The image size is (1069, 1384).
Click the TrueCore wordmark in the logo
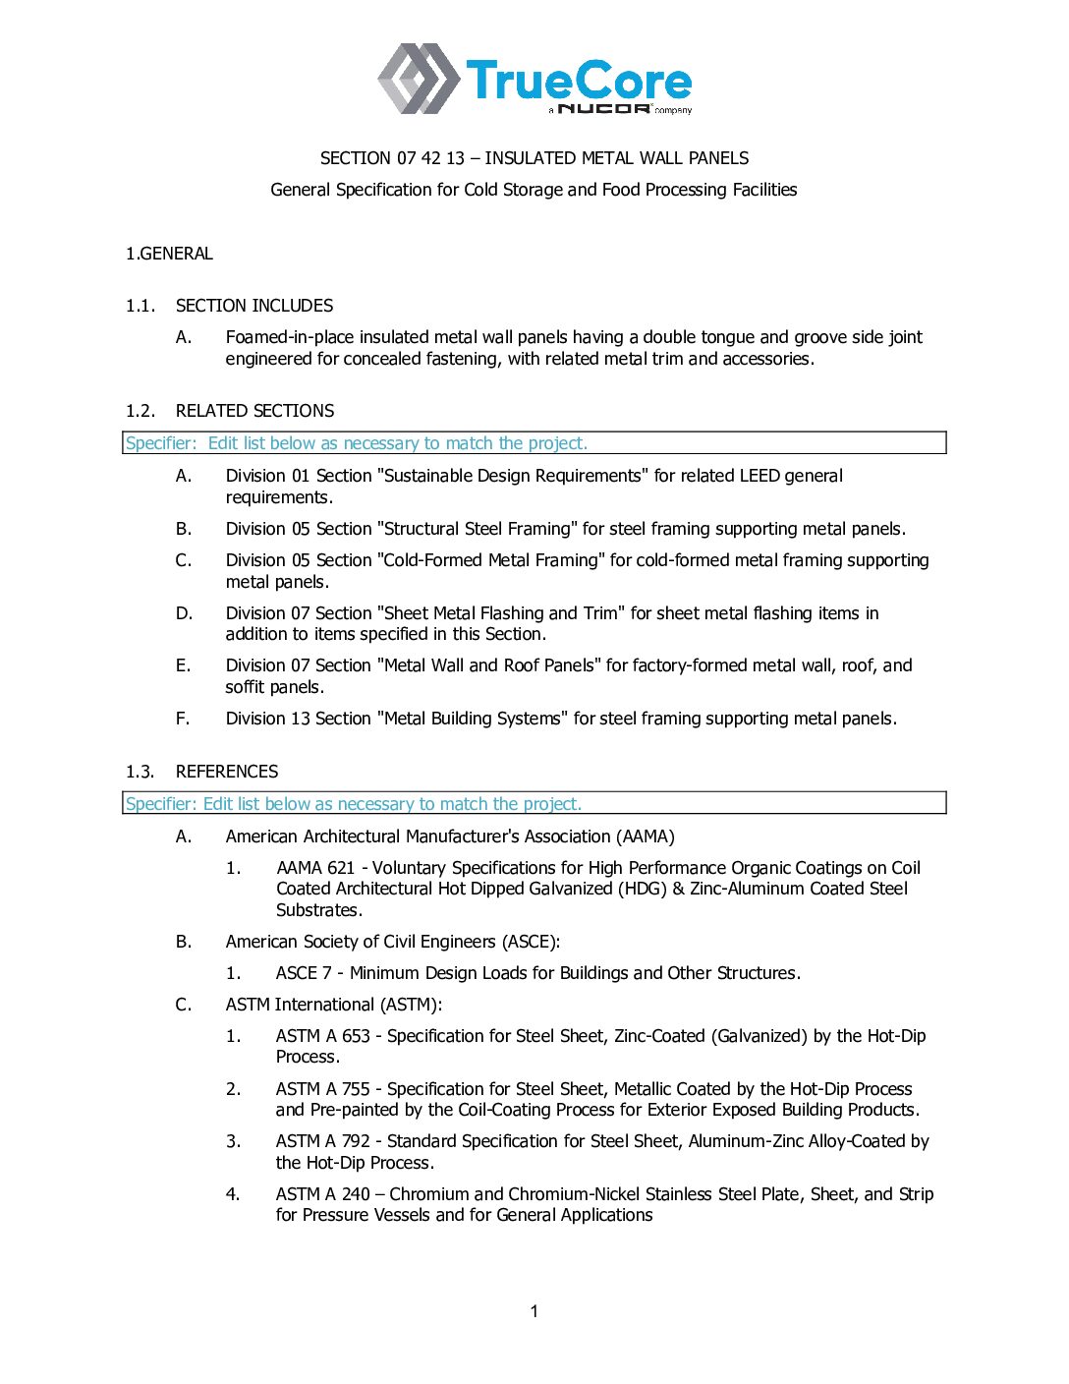[x=579, y=81]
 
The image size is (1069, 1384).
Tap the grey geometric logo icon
[x=418, y=79]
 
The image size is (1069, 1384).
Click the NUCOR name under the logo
[x=603, y=108]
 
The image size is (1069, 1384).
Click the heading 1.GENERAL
[x=169, y=254]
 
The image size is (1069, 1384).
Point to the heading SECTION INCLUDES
[x=254, y=306]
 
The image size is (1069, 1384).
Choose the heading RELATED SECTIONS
[x=254, y=411]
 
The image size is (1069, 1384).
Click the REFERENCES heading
[x=227, y=772]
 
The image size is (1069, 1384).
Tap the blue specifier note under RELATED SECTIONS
[x=357, y=443]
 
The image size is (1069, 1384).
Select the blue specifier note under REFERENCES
[x=354, y=804]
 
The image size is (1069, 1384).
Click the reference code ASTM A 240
[x=323, y=1194]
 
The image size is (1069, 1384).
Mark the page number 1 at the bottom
[x=534, y=1311]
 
